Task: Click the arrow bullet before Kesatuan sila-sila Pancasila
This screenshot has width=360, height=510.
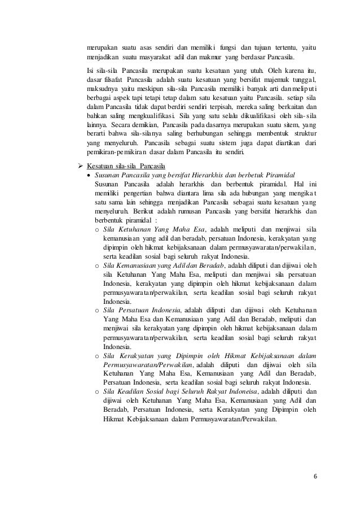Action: point(80,167)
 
